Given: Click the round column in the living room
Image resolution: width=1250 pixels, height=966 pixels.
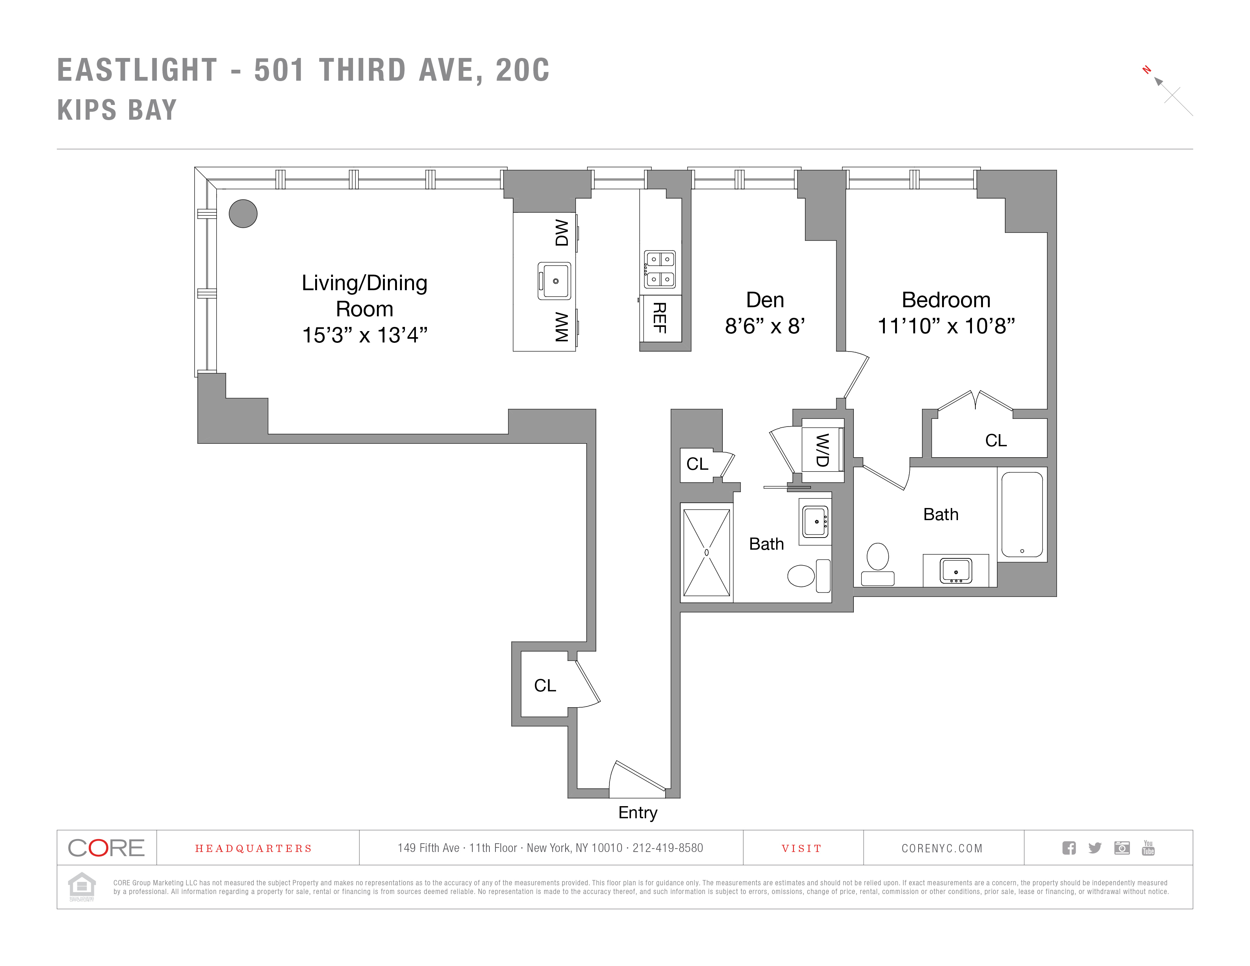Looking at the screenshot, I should click(x=243, y=213).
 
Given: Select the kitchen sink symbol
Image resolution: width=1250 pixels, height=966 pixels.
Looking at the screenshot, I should click(x=555, y=281).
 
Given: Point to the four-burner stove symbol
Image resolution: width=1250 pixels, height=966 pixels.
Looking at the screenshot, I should click(x=660, y=269).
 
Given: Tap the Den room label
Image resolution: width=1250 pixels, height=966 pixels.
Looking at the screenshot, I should click(x=765, y=300).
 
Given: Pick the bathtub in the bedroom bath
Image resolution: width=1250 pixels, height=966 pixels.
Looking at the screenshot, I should click(x=1022, y=513).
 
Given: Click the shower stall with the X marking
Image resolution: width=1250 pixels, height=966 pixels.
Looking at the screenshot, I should click(x=706, y=552).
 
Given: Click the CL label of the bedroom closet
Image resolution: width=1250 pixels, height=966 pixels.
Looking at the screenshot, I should click(x=995, y=440).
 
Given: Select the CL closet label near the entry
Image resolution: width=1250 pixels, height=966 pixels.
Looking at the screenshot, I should click(x=544, y=685).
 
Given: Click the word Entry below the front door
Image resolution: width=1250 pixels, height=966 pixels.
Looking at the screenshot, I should click(x=637, y=812).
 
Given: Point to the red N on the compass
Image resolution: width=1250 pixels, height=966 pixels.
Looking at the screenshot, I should click(x=1147, y=70).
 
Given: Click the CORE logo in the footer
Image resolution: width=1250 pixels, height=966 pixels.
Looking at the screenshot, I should click(x=106, y=847).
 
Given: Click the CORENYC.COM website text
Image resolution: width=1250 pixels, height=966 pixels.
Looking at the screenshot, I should click(x=942, y=848).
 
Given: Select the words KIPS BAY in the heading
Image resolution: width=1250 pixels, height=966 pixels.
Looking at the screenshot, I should click(x=117, y=110).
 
